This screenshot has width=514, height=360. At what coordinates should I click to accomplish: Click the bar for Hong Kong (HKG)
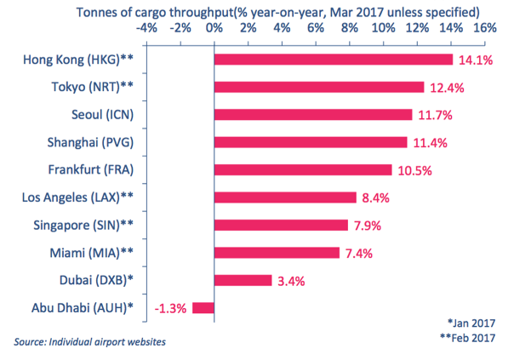[333, 60]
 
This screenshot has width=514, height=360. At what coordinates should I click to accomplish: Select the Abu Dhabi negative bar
[203, 307]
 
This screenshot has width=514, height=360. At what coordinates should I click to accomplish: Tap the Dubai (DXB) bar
[243, 280]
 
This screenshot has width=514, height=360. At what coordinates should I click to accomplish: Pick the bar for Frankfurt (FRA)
[303, 169]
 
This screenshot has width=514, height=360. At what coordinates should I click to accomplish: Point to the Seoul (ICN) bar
[313, 114]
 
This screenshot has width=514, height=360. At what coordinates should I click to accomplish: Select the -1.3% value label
[171, 307]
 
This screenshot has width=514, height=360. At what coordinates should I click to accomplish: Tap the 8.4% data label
[375, 197]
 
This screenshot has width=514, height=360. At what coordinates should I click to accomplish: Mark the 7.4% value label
[358, 253]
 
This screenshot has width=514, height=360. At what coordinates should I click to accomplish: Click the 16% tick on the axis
[483, 27]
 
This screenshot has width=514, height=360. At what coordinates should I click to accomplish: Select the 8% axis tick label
[349, 27]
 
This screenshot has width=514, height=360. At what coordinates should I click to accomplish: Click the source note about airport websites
[89, 342]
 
